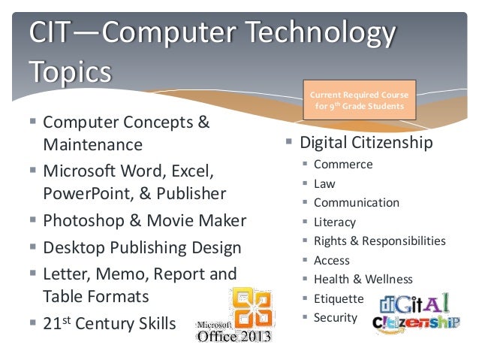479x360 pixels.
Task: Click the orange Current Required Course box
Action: [x=359, y=100]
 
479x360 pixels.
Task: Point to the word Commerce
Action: [x=343, y=165]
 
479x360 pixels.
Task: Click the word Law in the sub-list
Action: [x=324, y=183]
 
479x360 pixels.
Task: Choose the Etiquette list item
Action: [x=339, y=298]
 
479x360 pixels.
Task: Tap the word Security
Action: [x=336, y=317]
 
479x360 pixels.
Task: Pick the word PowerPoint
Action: [x=86, y=194]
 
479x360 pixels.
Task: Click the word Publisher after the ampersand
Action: [x=191, y=194]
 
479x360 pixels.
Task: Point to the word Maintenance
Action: [x=92, y=144]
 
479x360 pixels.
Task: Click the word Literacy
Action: [x=335, y=222]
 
